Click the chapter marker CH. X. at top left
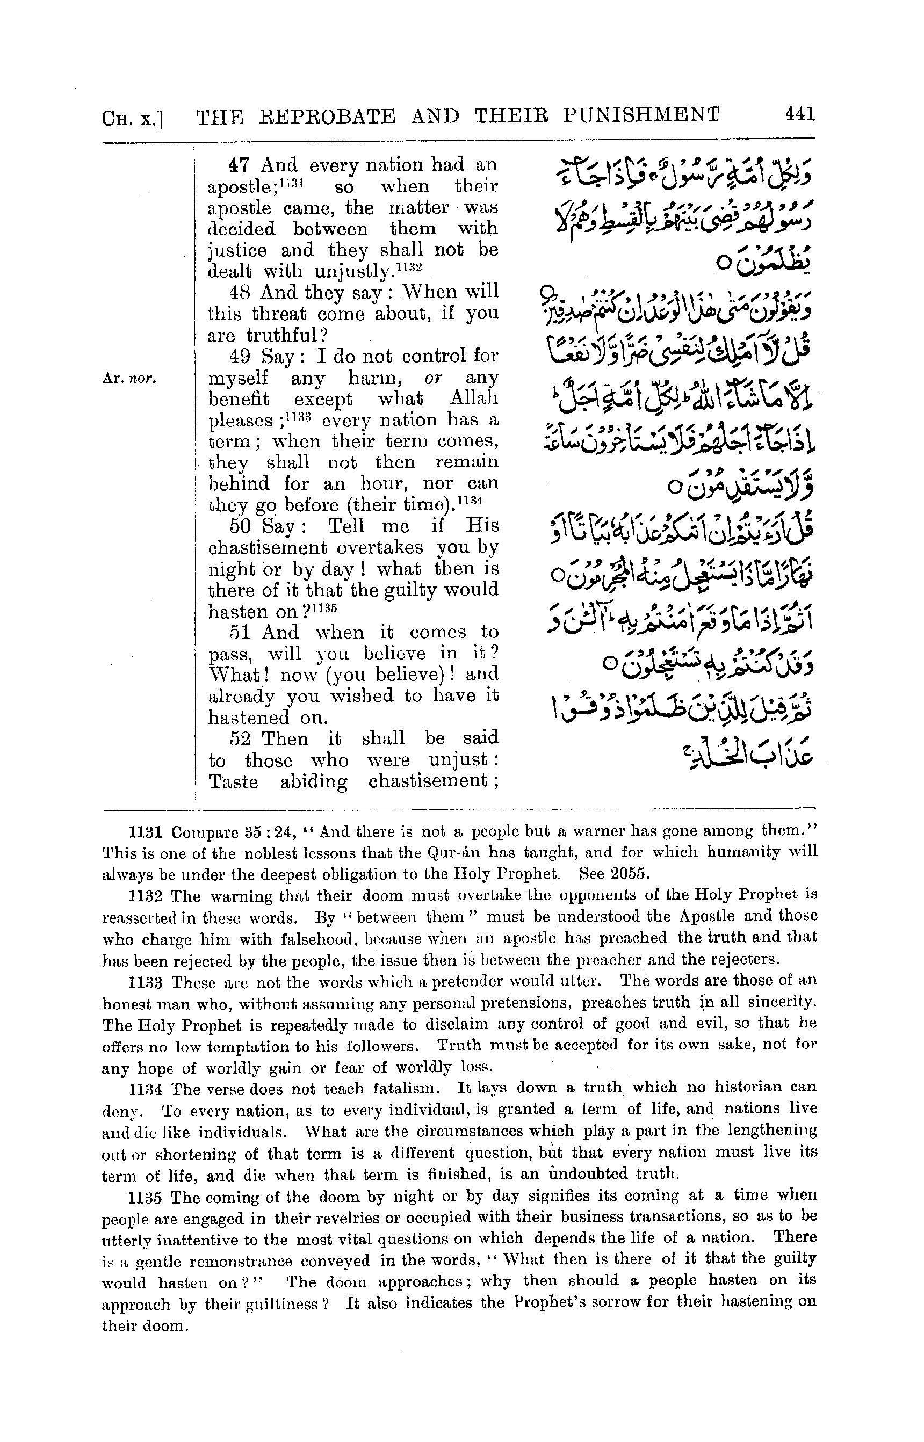point(133,118)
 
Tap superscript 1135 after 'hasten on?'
point(324,606)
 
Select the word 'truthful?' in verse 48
point(293,335)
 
